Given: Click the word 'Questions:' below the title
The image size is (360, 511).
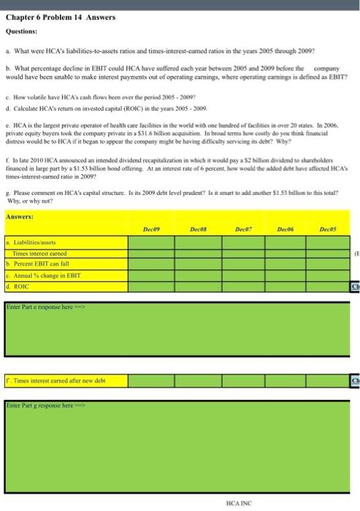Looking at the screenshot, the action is click(23, 31).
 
